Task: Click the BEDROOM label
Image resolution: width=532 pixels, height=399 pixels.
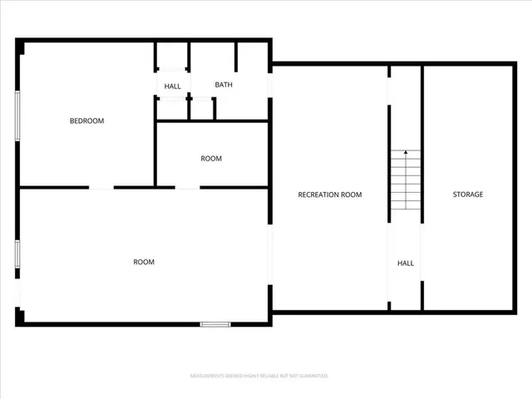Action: [86, 121]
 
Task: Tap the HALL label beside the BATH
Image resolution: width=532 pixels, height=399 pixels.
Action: [172, 86]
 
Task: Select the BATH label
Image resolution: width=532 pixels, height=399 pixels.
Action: [224, 85]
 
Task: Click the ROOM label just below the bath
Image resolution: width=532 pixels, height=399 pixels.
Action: [211, 158]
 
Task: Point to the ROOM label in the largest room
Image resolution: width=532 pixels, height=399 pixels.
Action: [144, 262]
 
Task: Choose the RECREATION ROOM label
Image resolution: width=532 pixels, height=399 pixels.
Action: [330, 195]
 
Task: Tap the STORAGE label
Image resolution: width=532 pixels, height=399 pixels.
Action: [467, 195]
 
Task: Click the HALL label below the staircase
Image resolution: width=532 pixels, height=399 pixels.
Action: [405, 263]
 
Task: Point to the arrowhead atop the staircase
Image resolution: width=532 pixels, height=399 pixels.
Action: [406, 152]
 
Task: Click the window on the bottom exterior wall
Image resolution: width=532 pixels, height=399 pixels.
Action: [215, 323]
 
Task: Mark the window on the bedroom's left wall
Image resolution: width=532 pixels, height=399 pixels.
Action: [17, 116]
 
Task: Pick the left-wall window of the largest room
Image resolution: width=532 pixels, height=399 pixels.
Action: [17, 253]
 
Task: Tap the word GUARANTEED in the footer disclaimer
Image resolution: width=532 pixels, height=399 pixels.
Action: [311, 376]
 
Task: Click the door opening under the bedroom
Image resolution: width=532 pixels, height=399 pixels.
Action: [101, 188]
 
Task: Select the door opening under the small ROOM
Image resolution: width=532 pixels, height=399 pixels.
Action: [187, 188]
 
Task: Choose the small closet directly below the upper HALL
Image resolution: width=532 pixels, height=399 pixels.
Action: [172, 109]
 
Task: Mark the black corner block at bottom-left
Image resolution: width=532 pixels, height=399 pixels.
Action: [20, 316]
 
